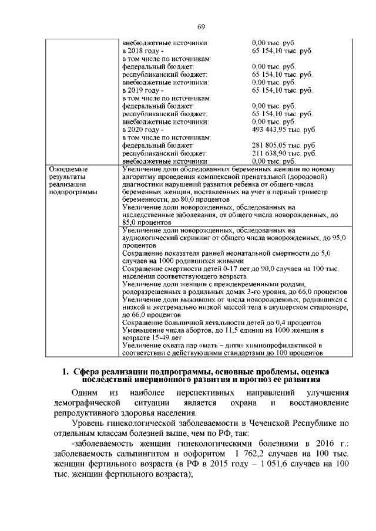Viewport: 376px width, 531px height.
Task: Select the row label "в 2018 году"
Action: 139,51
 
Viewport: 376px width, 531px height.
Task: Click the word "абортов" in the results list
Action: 196,330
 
